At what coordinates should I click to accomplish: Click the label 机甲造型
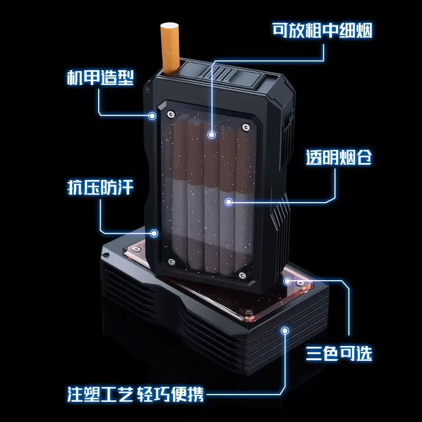tap(100, 78)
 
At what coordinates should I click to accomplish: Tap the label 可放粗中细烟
tap(322, 31)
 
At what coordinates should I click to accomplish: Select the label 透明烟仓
tap(339, 157)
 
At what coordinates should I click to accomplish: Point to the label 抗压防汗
tap(100, 187)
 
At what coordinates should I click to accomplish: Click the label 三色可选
tap(339, 353)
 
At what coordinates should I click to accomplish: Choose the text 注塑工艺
tap(100, 394)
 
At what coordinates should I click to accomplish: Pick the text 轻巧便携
tap(170, 394)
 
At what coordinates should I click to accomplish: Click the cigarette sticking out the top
tap(170, 49)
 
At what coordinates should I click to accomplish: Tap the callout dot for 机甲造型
tap(152, 116)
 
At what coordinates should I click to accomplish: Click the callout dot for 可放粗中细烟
tap(212, 135)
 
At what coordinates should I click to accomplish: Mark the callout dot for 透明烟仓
tap(228, 202)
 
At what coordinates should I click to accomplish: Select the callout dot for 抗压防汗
tap(154, 233)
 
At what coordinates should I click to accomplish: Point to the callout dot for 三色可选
tap(287, 282)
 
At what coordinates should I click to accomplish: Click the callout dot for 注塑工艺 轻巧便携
tap(285, 330)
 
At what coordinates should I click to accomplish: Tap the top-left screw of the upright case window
tap(171, 114)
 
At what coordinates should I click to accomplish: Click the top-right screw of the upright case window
tap(246, 127)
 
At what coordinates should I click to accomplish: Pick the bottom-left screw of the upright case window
tap(171, 262)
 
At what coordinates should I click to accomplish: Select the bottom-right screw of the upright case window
tap(242, 275)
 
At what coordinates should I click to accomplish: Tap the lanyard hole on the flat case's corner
tap(107, 255)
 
